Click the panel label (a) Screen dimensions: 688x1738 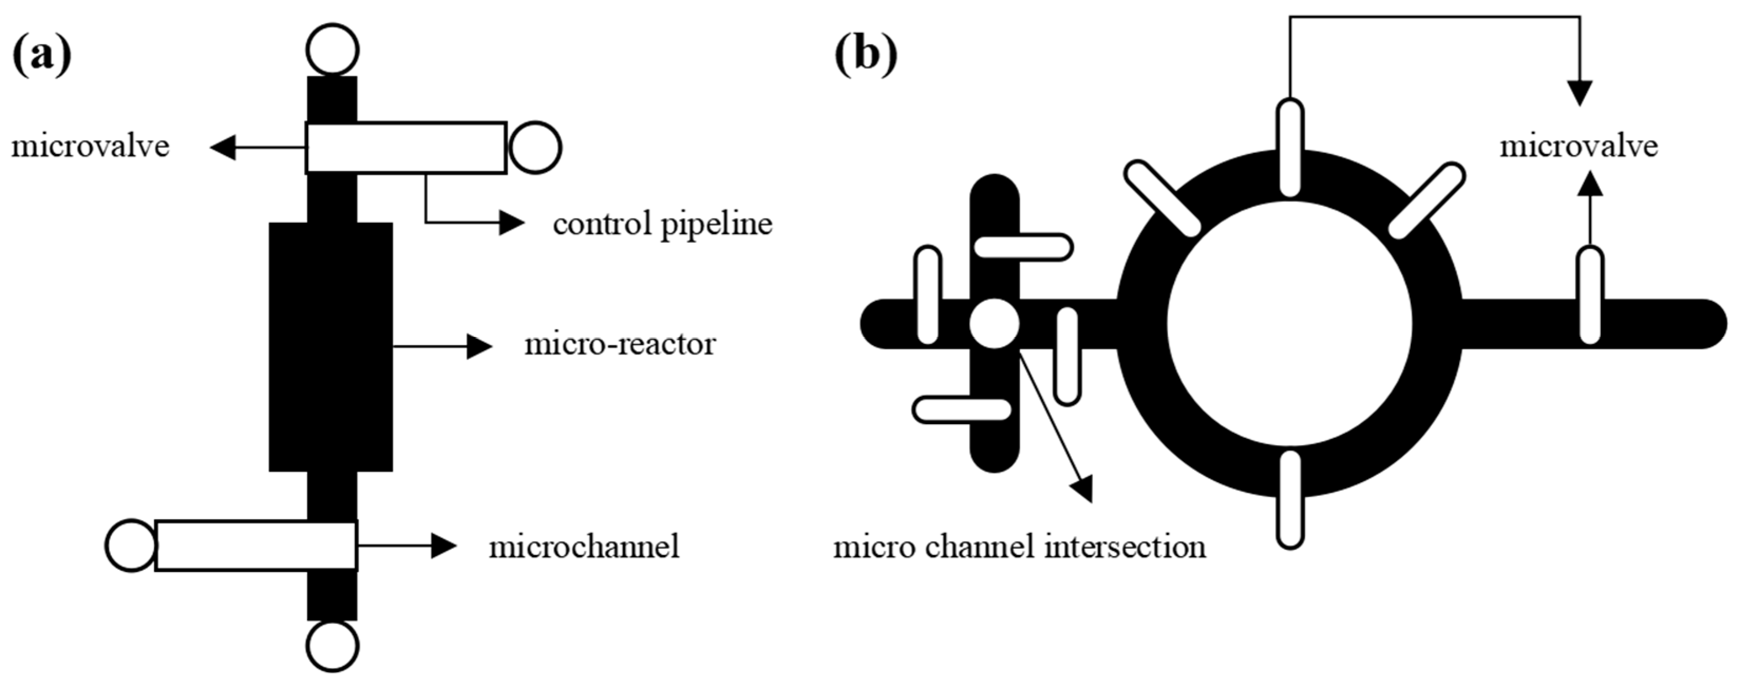coord(42,55)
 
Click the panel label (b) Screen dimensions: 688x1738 coord(866,55)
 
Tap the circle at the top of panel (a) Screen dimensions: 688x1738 coord(332,49)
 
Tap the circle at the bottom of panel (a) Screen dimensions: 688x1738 coord(332,645)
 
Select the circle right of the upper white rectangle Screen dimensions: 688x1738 coord(535,148)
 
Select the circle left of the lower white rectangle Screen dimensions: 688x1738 coord(131,545)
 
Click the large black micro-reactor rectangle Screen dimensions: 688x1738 coord(330,347)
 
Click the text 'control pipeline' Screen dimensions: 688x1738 coord(662,224)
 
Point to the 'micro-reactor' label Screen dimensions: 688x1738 coord(620,345)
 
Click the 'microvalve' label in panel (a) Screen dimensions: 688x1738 coord(90,146)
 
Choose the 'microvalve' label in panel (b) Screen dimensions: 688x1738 coord(1578,146)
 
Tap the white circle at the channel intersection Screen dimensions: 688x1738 coord(994,324)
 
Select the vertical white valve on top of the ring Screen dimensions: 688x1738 coord(1290,148)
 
